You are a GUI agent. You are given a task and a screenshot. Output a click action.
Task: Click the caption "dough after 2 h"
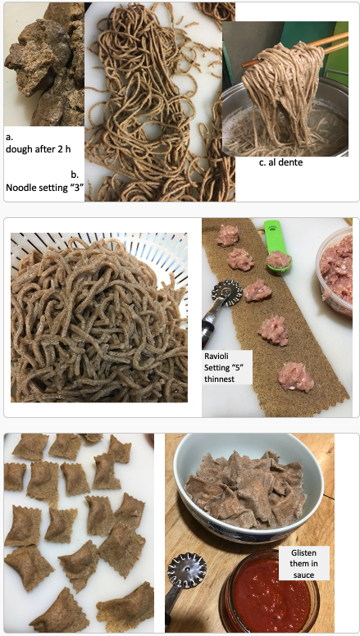coord(39,149)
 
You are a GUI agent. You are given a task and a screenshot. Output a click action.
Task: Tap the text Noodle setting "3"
coord(42,188)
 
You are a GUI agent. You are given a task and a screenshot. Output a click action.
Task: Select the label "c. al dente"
coord(280,162)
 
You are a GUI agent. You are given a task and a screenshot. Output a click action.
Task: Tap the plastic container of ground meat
coord(335,271)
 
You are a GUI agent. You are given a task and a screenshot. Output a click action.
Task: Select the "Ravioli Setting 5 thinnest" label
coord(227,367)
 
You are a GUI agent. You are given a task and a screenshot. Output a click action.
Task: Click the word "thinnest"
coord(218,379)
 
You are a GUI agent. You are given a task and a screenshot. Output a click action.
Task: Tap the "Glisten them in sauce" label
coord(303,563)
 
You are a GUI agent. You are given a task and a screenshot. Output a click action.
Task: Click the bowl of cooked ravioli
coord(248,488)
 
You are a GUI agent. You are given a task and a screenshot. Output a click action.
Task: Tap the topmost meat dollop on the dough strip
coord(228,236)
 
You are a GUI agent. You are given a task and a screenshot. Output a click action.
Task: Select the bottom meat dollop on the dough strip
coord(295,377)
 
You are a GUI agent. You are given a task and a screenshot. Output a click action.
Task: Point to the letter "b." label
coord(75,175)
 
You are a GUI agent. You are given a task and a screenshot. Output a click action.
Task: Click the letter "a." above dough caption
coord(9,137)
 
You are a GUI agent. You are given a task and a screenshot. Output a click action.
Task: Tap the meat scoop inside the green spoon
coord(279,259)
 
